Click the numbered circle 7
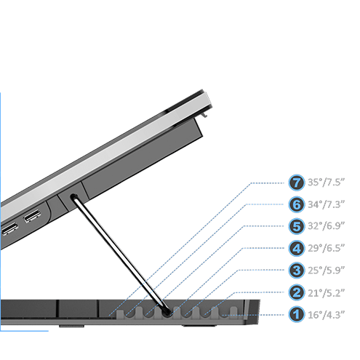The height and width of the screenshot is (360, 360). (296, 183)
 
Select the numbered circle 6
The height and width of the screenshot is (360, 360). (296, 204)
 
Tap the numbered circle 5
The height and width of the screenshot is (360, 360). (296, 226)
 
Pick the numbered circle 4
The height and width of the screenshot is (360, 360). (296, 249)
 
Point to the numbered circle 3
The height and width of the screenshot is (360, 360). (296, 271)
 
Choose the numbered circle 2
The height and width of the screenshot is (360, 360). (296, 292)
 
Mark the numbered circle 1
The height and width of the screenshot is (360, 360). (296, 314)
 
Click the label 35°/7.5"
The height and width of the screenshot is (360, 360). (326, 182)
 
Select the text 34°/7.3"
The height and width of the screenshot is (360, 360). (326, 204)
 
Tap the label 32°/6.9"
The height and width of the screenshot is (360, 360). (326, 226)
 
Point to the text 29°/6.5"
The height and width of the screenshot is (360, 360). (326, 248)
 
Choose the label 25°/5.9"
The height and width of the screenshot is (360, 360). (326, 270)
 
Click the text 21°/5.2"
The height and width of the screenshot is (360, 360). (326, 293)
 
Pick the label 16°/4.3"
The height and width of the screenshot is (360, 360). (326, 315)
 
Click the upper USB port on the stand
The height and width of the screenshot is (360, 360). (32, 216)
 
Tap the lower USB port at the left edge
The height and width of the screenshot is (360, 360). (9, 228)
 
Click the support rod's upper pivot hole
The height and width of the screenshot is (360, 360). (73, 196)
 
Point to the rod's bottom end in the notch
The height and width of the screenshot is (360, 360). (167, 312)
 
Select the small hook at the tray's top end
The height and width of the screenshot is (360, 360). (205, 113)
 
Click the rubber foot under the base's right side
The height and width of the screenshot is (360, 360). (199, 326)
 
